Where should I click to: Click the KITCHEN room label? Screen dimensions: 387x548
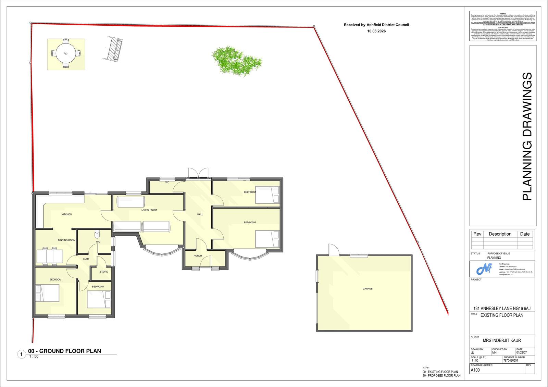[x=66, y=214]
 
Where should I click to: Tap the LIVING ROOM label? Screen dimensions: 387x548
[x=149, y=210]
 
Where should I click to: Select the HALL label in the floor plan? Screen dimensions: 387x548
[x=200, y=214]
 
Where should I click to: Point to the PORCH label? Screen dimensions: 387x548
[x=198, y=256]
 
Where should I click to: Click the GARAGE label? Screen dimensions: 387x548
[x=368, y=289]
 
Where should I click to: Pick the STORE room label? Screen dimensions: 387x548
[x=104, y=272]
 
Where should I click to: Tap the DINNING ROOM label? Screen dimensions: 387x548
[x=66, y=240]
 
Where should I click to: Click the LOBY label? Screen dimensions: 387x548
[x=86, y=259]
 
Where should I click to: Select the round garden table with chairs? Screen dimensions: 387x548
[x=66, y=53]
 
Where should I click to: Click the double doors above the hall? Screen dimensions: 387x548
[x=197, y=172]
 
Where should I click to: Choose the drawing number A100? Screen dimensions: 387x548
[x=475, y=370]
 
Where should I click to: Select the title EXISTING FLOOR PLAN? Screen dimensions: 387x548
[x=502, y=315]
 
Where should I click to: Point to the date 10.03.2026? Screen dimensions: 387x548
[x=376, y=31]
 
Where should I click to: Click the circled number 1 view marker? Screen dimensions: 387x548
[x=21, y=354]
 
